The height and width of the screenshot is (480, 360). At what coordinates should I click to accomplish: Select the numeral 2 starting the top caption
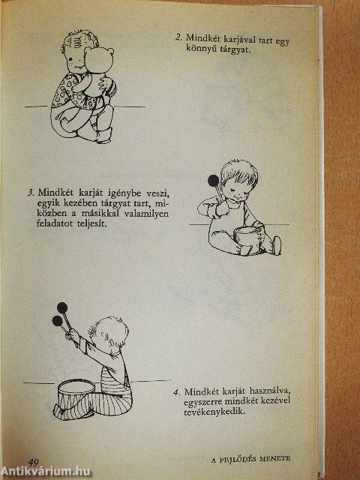pyautogui.click(x=178, y=37)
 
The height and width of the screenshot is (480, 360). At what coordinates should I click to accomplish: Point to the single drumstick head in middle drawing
pyautogui.click(x=214, y=179)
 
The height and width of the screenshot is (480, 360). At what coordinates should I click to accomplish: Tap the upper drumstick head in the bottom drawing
pyautogui.click(x=61, y=307)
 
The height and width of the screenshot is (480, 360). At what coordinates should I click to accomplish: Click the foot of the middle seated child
pyautogui.click(x=276, y=244)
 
